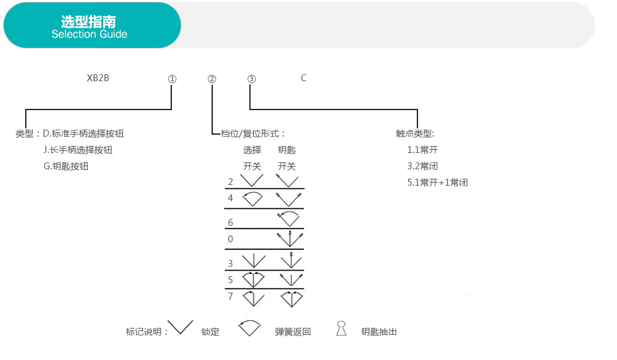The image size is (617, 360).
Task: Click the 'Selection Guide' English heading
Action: point(89,34)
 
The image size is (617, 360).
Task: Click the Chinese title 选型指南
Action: point(89,21)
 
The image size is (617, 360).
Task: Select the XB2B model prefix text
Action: point(98,78)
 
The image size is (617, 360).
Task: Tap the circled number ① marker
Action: point(173,79)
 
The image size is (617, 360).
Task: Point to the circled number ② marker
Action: point(212,79)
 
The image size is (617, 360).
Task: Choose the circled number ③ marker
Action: point(251,79)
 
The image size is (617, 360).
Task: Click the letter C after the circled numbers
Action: point(303,78)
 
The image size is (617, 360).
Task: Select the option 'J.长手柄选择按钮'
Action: point(78,150)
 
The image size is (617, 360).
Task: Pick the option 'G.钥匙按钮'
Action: point(65,166)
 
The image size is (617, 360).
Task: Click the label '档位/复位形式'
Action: point(250,134)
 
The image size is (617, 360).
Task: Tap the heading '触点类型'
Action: point(414,134)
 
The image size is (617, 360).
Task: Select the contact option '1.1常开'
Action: point(422,150)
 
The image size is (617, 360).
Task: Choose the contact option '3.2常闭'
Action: point(422,166)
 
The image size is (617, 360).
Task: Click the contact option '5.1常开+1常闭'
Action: point(438,183)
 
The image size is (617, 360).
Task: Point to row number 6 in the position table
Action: point(230,223)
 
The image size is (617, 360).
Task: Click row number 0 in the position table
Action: point(230,239)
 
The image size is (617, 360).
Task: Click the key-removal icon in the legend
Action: point(341,329)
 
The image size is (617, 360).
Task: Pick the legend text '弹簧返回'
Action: point(293,332)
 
